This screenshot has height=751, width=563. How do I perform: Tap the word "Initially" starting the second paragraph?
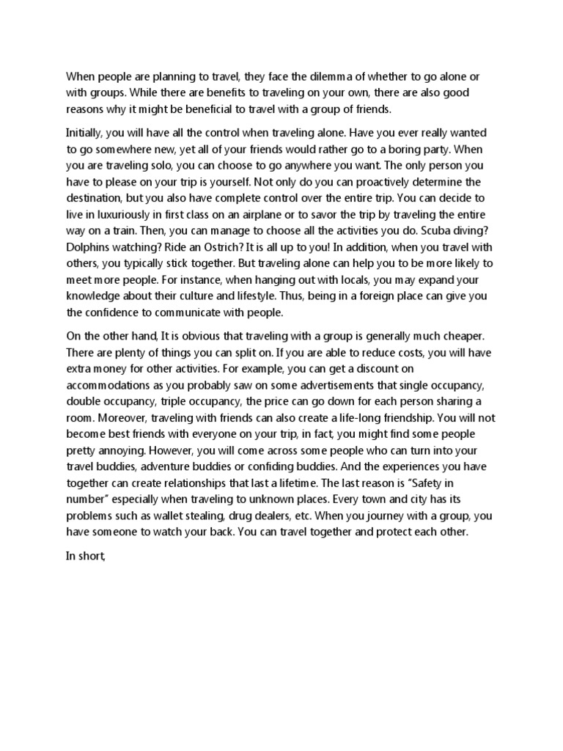[87, 133]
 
